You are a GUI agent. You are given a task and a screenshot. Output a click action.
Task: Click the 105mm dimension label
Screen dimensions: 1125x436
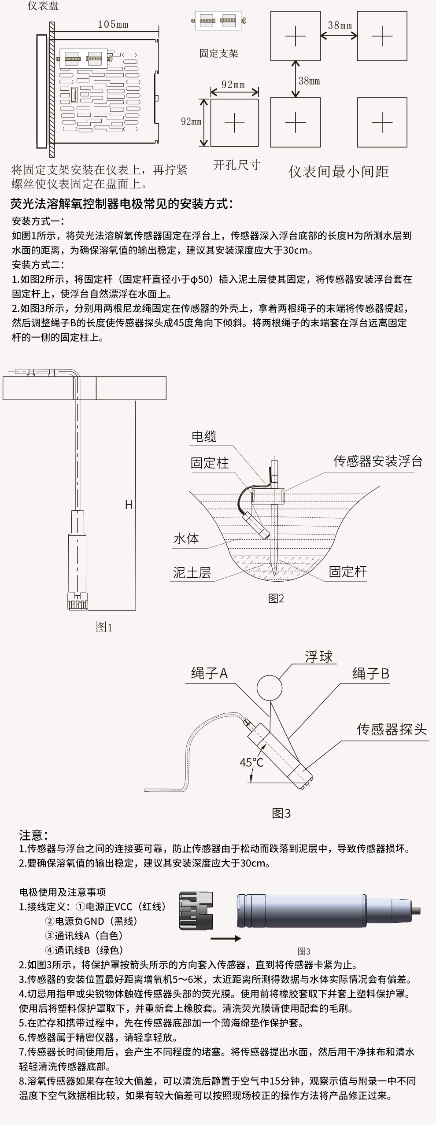[113, 25]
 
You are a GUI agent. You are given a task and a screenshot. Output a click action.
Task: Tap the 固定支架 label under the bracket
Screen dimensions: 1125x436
[218, 54]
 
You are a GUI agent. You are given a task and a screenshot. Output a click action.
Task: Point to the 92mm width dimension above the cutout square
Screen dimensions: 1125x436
[233, 84]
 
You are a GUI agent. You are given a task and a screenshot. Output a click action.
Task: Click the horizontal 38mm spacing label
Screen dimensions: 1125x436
[340, 26]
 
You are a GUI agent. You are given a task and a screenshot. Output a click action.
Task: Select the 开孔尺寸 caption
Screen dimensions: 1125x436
[236, 165]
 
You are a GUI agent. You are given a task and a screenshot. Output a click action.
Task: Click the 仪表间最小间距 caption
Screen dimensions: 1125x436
[338, 171]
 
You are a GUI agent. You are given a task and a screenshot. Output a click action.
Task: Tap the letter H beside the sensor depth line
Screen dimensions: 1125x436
[129, 505]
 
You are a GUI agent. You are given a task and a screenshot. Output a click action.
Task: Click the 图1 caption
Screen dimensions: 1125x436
[104, 627]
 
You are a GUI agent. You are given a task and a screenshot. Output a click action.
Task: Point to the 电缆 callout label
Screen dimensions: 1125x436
[204, 436]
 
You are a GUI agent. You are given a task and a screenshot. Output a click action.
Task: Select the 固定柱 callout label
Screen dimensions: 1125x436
[210, 463]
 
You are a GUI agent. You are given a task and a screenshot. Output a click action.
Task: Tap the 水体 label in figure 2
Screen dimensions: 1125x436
[186, 539]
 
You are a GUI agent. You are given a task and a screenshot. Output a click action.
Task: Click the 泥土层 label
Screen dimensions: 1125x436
[192, 572]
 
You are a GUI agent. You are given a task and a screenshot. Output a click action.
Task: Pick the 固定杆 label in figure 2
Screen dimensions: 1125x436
[347, 572]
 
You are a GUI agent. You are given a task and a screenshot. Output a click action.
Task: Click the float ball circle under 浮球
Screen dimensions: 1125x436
[269, 688]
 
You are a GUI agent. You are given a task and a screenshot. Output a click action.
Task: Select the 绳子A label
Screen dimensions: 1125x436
[209, 673]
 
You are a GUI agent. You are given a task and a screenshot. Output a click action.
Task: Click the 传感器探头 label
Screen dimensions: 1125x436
[392, 730]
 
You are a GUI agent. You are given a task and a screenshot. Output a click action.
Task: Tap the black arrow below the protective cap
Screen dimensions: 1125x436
[225, 938]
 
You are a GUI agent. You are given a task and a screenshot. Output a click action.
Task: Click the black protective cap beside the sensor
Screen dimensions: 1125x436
[196, 911]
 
